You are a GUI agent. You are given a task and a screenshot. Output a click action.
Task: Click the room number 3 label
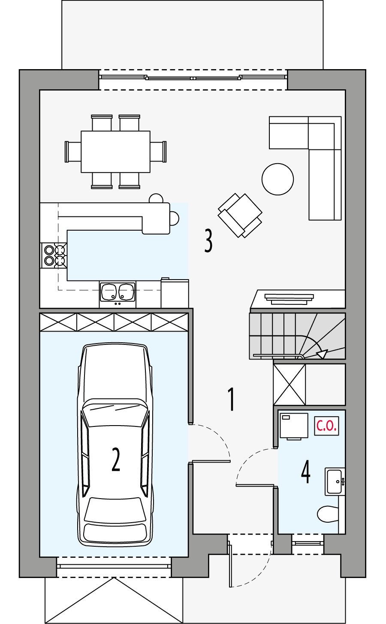point(208,240)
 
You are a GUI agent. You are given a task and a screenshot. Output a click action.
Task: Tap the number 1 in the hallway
point(231,399)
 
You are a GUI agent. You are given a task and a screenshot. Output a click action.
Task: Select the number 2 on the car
point(116,460)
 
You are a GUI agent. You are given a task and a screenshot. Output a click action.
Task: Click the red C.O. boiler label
point(326,426)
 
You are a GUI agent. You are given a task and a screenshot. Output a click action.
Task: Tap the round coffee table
point(277,179)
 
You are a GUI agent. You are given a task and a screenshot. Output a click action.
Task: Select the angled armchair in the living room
point(240,215)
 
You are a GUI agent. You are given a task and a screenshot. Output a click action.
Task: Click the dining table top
point(115,152)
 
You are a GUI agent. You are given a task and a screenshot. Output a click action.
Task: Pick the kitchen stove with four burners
point(54,255)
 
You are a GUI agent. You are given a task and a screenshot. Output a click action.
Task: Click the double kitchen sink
point(117,292)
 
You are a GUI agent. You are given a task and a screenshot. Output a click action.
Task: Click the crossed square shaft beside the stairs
point(289,384)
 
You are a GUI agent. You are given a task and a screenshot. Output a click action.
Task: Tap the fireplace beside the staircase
point(289,298)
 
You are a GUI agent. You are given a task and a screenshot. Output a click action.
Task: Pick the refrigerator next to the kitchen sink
point(175,293)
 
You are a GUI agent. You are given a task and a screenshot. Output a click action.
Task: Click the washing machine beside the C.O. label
point(294,426)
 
